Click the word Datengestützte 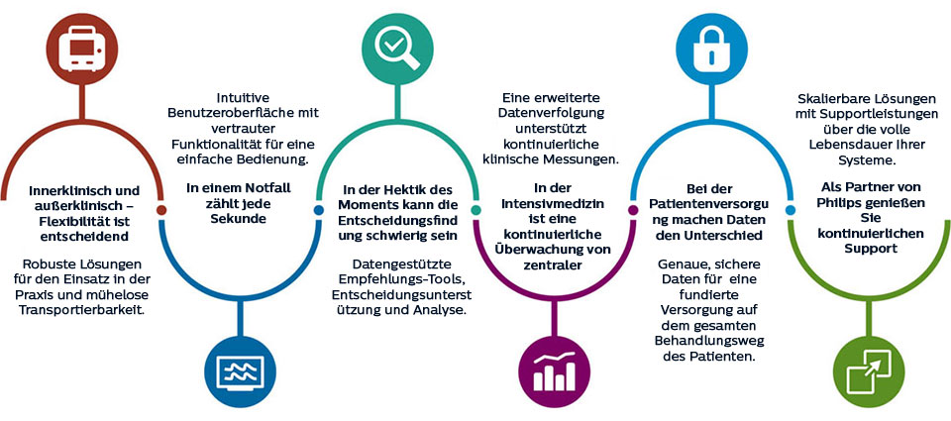(394, 264)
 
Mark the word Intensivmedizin (555, 203)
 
